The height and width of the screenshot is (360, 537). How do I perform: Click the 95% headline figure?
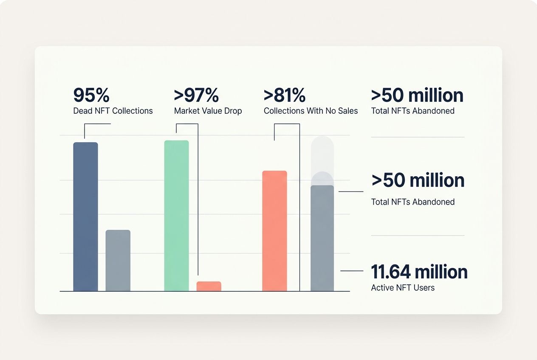tap(91, 96)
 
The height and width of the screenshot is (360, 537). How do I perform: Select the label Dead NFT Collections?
tap(113, 111)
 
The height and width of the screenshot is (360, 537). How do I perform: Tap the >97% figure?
tap(196, 96)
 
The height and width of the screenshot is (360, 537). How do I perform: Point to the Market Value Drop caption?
tap(208, 111)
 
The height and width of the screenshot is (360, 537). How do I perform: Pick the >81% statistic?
tap(284, 96)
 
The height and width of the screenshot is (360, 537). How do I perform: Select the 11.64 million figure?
tap(419, 272)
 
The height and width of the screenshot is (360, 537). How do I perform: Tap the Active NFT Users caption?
tap(403, 288)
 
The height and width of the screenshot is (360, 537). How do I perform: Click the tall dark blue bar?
tap(85, 217)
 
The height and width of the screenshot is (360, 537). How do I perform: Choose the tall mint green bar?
tap(176, 216)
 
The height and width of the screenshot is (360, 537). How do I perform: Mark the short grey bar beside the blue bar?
tap(118, 260)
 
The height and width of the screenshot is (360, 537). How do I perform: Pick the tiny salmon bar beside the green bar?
tap(209, 286)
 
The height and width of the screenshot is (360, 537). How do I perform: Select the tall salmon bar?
tap(274, 231)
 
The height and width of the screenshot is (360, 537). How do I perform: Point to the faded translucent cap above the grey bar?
tap(322, 155)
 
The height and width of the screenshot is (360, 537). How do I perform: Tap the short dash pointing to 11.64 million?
tap(352, 271)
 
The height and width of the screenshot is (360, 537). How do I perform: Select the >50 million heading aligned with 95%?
tap(417, 96)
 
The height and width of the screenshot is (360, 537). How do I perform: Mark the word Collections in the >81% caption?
tap(286, 111)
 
